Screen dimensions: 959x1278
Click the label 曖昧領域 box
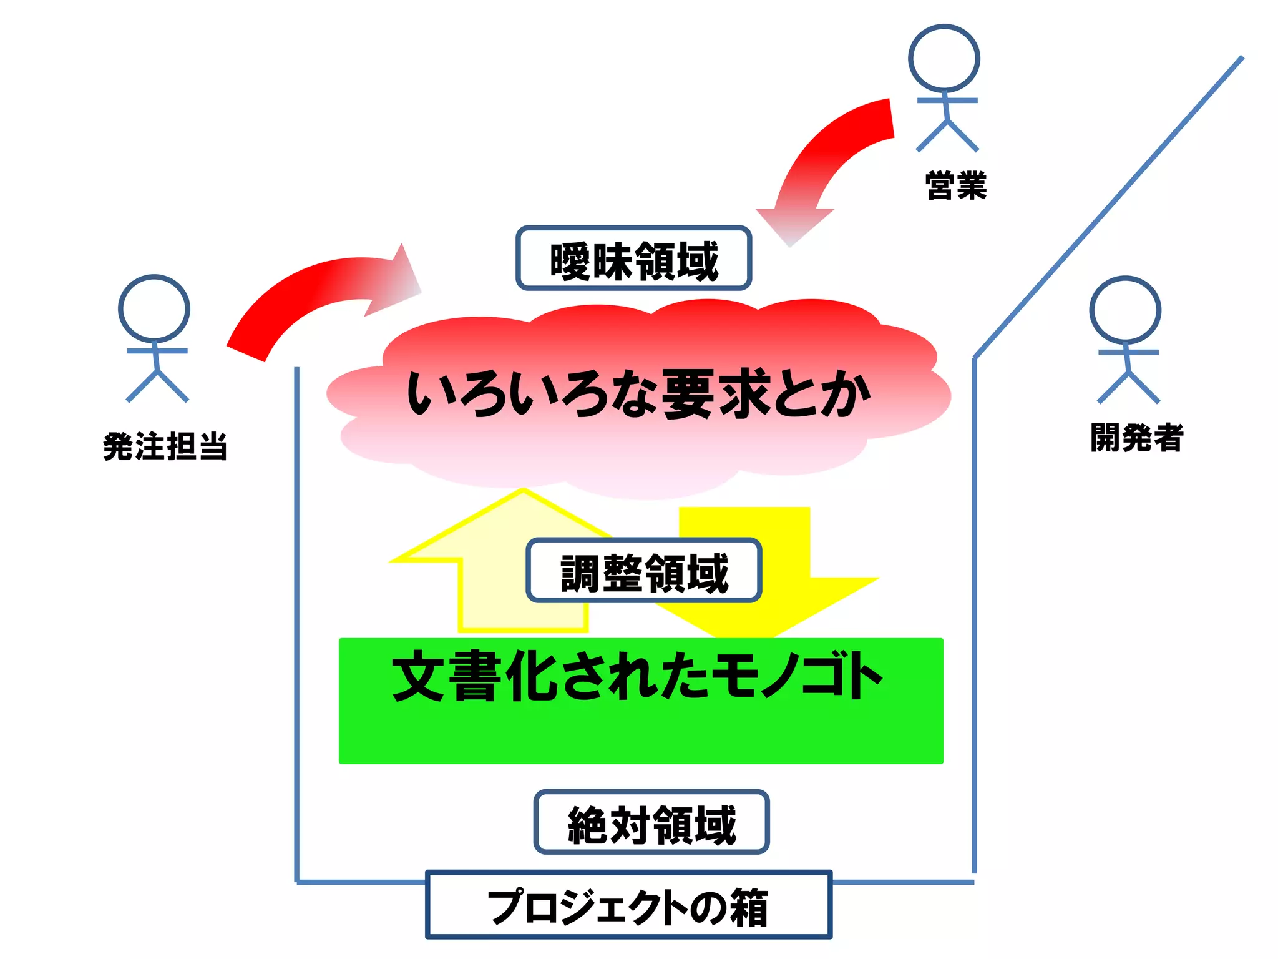633,258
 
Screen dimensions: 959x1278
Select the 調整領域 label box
643,571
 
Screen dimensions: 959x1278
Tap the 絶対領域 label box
651,822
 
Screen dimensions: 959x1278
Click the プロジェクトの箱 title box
628,905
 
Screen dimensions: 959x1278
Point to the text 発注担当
165,446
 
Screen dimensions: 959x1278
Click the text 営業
955,185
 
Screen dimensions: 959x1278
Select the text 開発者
1136,437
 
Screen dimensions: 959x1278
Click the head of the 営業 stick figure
944,58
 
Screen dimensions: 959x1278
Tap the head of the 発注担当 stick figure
154,308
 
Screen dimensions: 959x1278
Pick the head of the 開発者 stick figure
1125,310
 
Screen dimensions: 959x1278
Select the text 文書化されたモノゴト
637,677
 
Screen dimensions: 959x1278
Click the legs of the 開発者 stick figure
1128,387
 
